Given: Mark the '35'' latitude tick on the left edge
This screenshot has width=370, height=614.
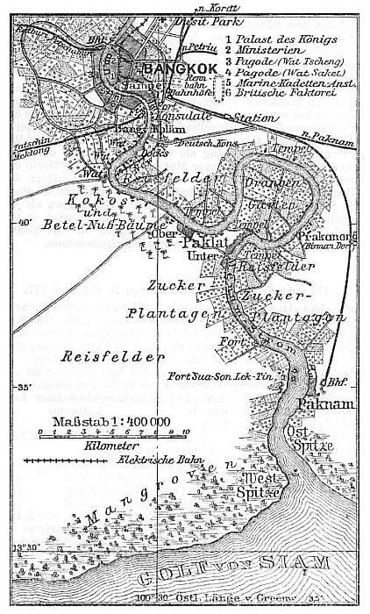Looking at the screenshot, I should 11,387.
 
